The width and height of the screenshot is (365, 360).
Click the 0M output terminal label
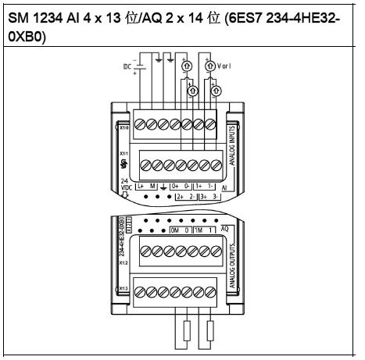tap(176, 232)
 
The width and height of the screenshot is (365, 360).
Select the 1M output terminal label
tap(202, 232)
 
